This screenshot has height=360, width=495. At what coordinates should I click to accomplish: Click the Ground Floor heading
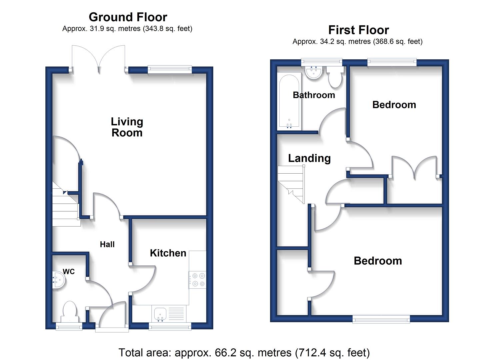(128, 17)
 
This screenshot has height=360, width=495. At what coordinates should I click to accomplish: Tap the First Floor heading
(358, 30)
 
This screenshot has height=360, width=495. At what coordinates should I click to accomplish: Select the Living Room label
(127, 127)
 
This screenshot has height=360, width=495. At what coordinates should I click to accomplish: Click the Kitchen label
(168, 253)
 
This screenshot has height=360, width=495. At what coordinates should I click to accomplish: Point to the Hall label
(107, 244)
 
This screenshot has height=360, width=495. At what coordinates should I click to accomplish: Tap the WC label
(69, 271)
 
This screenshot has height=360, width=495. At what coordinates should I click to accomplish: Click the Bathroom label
(314, 95)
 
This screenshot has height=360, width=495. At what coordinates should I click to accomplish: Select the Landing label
(309, 158)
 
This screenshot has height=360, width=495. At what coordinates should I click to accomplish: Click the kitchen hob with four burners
(198, 280)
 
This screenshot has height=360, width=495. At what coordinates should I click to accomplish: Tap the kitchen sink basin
(160, 314)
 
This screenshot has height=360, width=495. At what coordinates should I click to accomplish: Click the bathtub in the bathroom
(289, 101)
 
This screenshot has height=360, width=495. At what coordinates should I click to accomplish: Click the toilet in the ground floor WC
(70, 312)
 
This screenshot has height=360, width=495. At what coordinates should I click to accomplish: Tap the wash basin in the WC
(59, 280)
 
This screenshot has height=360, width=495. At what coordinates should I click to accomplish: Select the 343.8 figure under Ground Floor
(153, 29)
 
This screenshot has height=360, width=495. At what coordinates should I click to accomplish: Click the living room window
(170, 69)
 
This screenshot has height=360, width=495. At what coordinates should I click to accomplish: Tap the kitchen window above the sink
(170, 326)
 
